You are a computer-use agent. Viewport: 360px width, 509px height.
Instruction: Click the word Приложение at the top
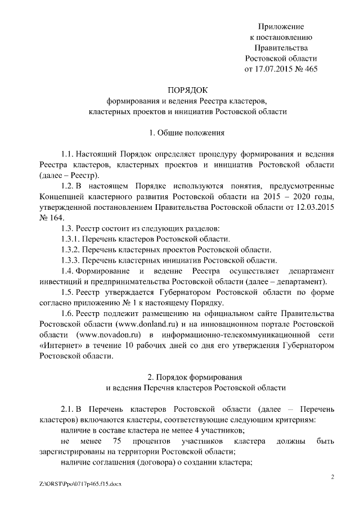[x=281, y=27]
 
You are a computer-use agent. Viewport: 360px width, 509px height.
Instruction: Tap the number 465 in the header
[x=310, y=70]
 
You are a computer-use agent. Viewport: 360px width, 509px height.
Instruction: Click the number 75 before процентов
[x=117, y=440]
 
